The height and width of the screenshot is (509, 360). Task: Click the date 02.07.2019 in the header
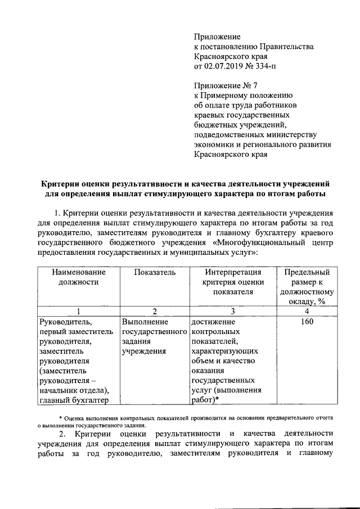(x=230, y=68)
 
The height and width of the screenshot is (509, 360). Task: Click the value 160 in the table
(x=306, y=322)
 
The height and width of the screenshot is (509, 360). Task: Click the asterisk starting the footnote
(x=61, y=418)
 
